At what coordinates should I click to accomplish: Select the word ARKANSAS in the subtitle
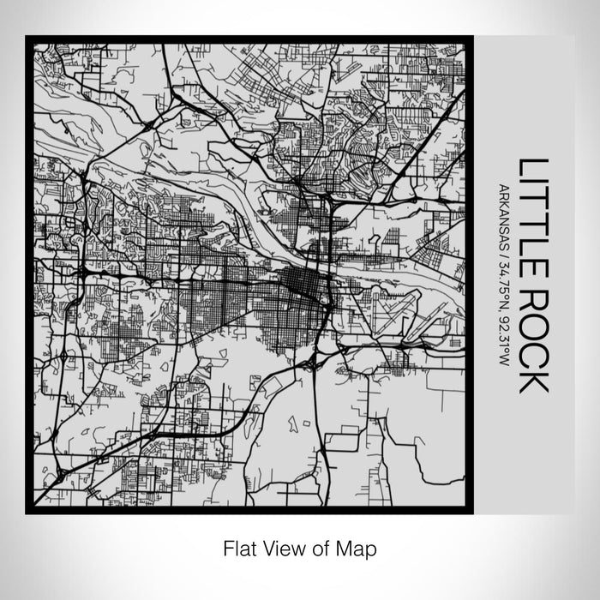coord(504,219)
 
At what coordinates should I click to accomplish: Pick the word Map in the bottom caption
coord(361,547)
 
